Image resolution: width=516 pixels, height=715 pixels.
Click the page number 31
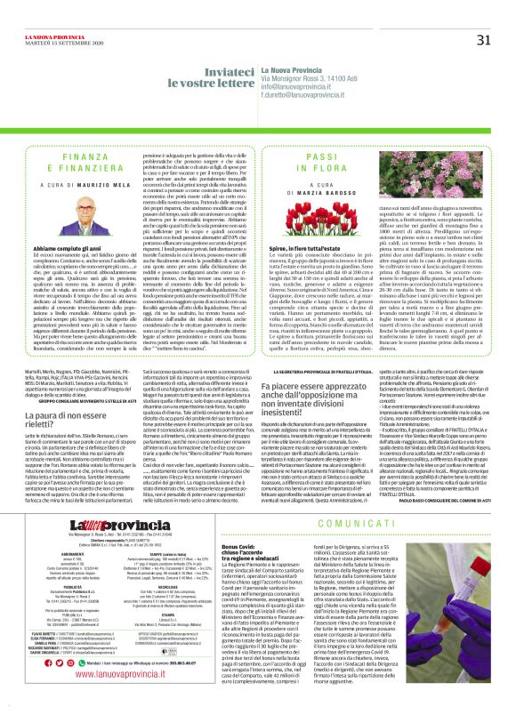coord(484,14)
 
